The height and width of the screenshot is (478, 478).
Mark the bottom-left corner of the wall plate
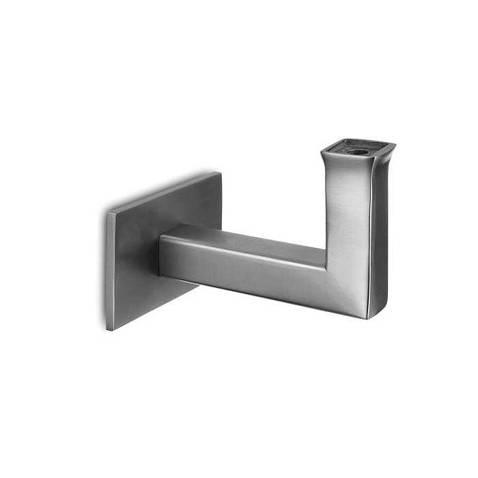108,330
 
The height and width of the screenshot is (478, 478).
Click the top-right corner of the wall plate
221,173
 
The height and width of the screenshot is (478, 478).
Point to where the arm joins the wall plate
161,256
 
